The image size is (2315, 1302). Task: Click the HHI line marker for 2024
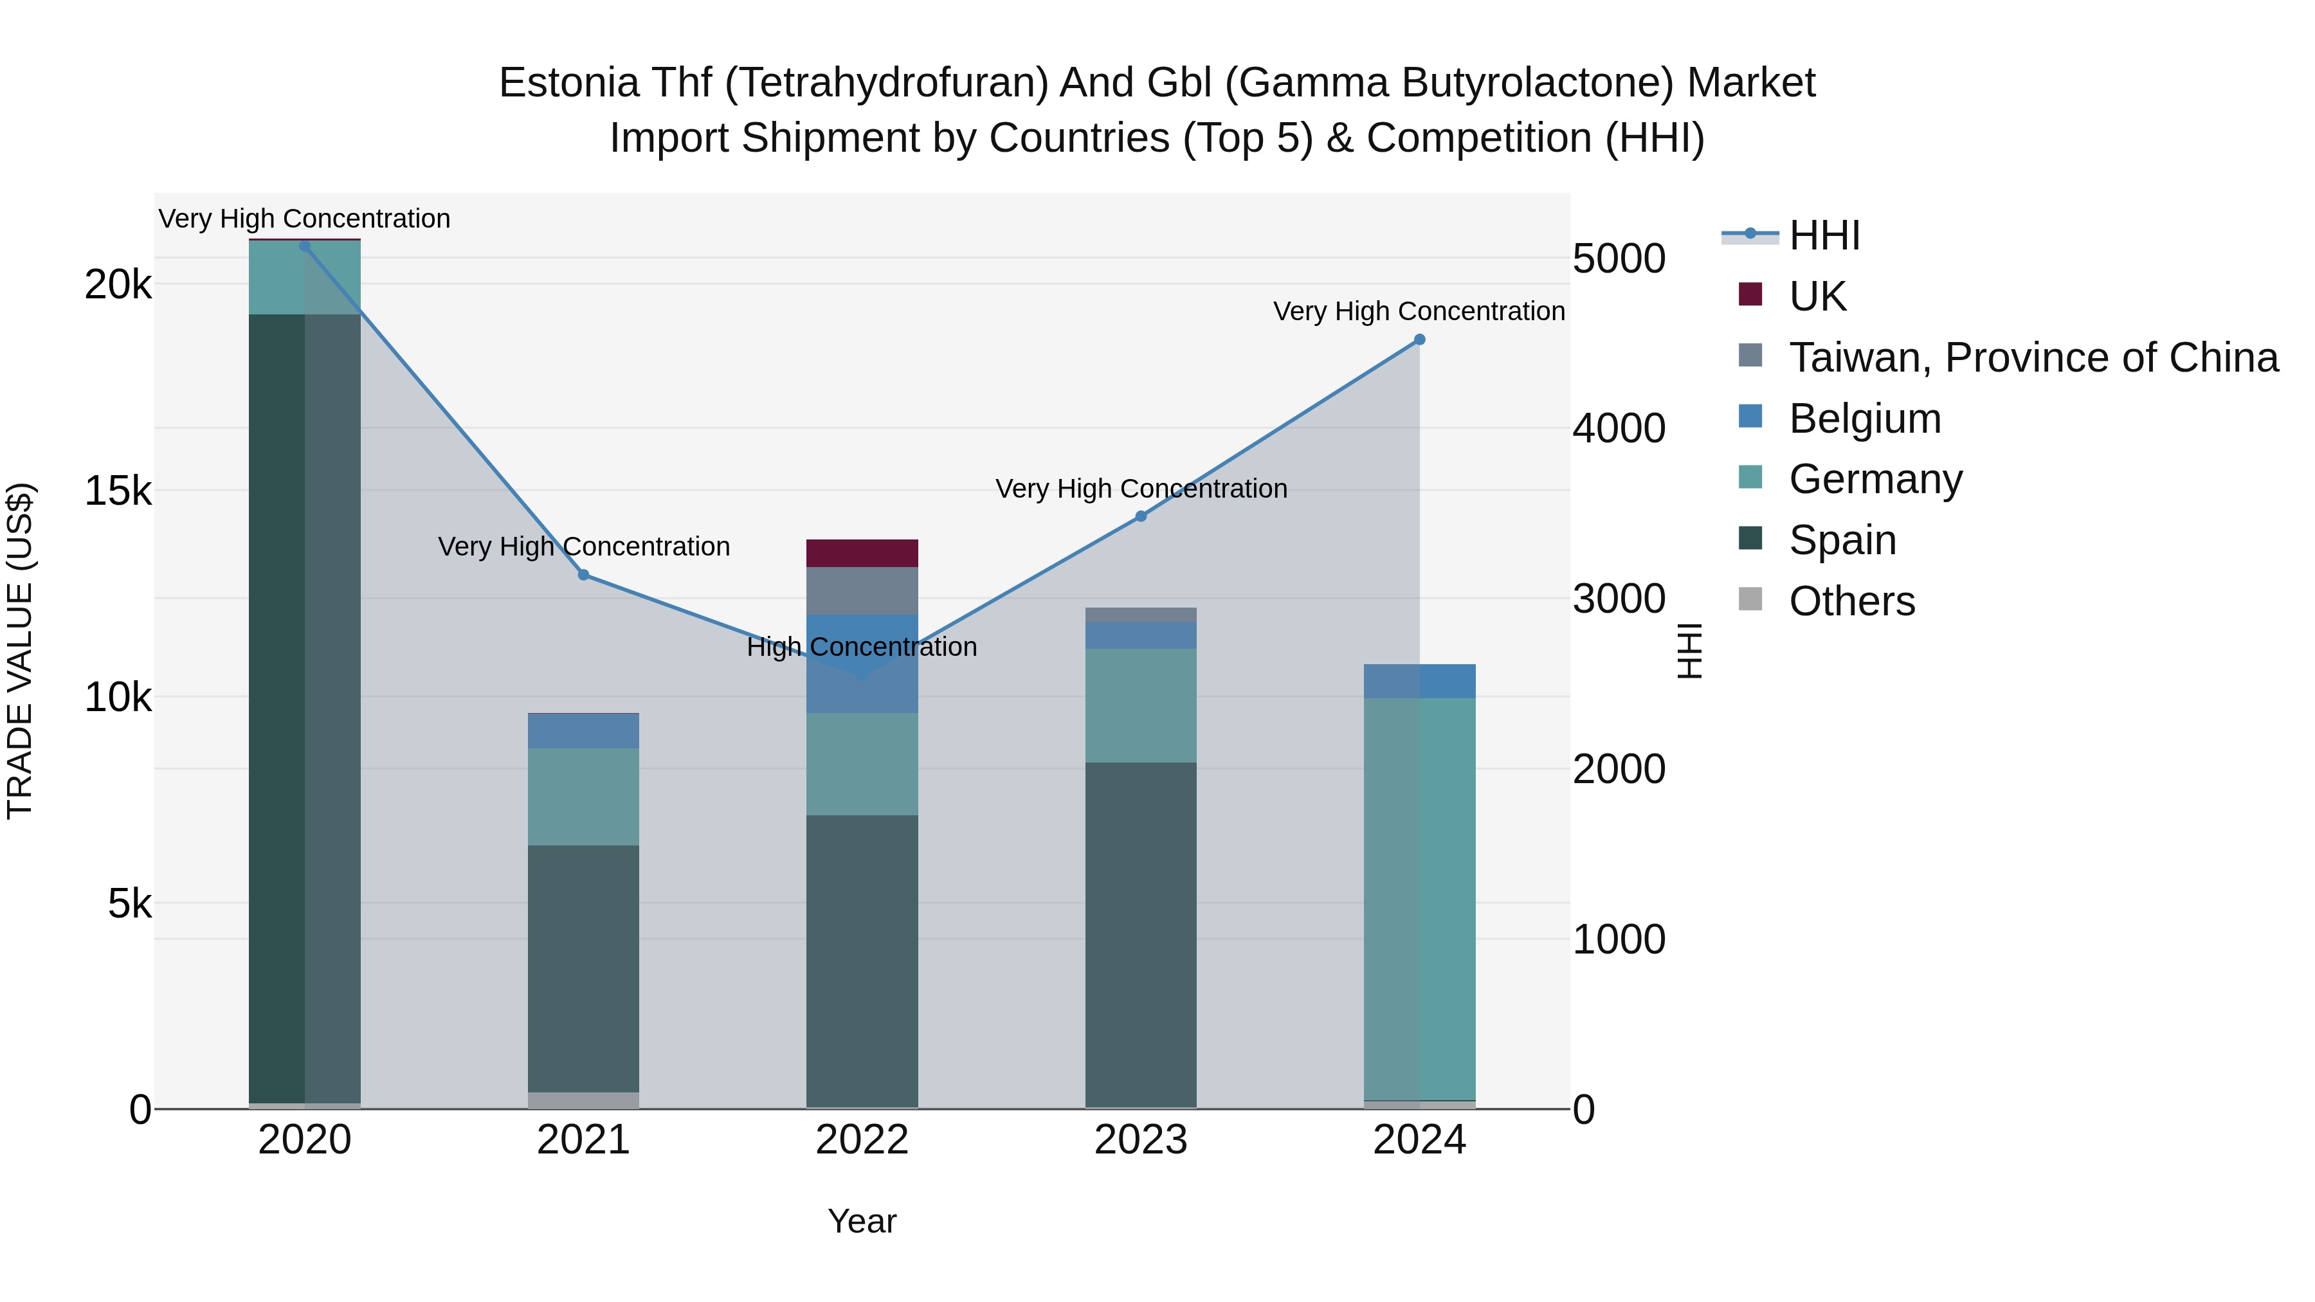tap(1419, 339)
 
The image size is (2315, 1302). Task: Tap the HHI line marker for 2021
tap(583, 575)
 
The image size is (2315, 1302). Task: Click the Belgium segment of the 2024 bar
tap(1419, 681)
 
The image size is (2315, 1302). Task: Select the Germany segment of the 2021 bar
tap(583, 797)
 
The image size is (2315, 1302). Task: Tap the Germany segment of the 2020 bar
tap(305, 278)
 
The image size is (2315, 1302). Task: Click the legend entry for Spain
tap(1842, 541)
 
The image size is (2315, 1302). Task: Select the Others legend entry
tap(1851, 602)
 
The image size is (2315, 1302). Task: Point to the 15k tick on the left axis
tap(118, 491)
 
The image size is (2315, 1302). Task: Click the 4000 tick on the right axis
tap(1619, 429)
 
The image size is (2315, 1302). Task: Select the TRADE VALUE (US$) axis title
tap(20, 651)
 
